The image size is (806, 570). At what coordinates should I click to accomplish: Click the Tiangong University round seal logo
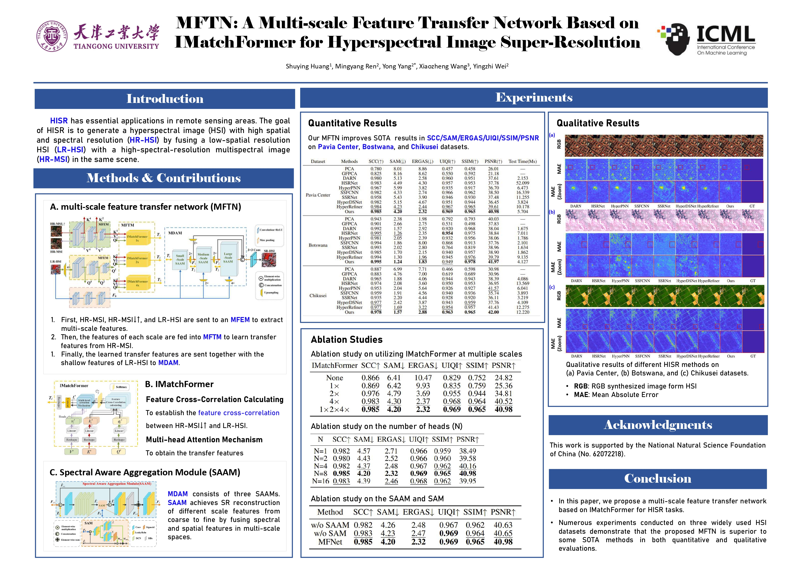pos(52,36)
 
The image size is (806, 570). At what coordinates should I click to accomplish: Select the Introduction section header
pos(165,99)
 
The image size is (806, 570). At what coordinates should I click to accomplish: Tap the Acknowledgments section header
pos(658,425)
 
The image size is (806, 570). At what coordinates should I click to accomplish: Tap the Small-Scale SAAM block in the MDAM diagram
pos(180,260)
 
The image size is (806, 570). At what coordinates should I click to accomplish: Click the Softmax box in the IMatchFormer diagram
pos(121,387)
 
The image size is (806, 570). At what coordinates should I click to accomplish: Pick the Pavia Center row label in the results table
pos(318,195)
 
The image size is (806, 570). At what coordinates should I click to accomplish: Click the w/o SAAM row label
pos(330,525)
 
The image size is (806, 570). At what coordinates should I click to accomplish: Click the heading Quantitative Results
pos(352,123)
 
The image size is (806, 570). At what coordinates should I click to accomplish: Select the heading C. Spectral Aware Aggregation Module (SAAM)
pos(145,472)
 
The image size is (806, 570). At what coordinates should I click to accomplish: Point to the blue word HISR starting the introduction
pos(59,121)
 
